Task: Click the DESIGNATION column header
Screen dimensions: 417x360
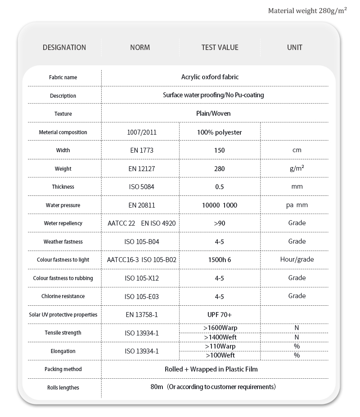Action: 64,47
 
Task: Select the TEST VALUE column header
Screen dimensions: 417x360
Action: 220,47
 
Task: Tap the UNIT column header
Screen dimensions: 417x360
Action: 295,47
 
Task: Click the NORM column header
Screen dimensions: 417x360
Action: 140,47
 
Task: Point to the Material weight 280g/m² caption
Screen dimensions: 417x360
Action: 307,10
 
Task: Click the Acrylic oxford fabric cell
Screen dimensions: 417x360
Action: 210,77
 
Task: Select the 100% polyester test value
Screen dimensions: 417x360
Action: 220,132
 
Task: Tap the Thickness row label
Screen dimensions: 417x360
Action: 63,187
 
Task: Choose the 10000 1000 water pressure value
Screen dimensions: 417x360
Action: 220,205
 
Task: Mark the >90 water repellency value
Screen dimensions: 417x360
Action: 220,223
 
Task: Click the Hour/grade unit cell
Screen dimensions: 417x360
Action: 297,259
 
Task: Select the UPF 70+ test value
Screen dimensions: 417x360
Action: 220,314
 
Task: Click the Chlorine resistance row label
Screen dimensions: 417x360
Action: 63,296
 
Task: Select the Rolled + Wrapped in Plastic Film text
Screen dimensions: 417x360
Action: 211,369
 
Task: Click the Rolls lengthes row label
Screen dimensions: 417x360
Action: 63,387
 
